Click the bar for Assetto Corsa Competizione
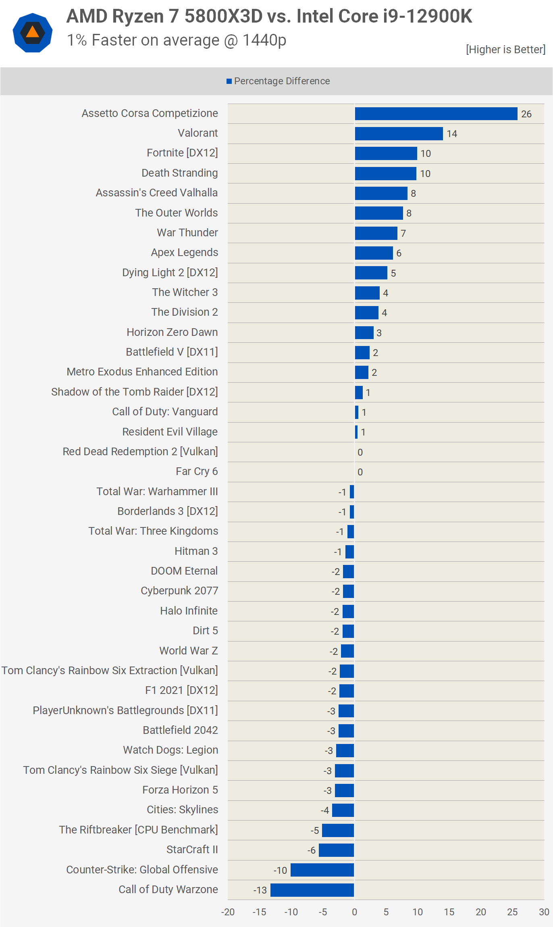pyautogui.click(x=436, y=114)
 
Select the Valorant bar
pyautogui.click(x=399, y=133)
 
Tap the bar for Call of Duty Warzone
pyautogui.click(x=312, y=890)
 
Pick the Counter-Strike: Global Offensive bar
pyautogui.click(x=322, y=870)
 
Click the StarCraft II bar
pyautogui.click(x=336, y=850)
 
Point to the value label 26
pyautogui.click(x=526, y=114)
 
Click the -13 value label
pyautogui.click(x=260, y=890)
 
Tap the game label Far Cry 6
pyautogui.click(x=197, y=471)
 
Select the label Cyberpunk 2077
pyautogui.click(x=179, y=591)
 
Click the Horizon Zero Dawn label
pyautogui.click(x=172, y=332)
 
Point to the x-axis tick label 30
pyautogui.click(x=544, y=912)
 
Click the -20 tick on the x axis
pyautogui.click(x=228, y=912)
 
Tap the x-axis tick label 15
pyautogui.click(x=449, y=912)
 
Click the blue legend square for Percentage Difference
pyautogui.click(x=229, y=81)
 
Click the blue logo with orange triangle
pyautogui.click(x=33, y=33)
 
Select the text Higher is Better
pyautogui.click(x=505, y=50)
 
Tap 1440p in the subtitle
pyautogui.click(x=264, y=40)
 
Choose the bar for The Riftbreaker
pyautogui.click(x=338, y=830)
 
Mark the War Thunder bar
pyautogui.click(x=376, y=233)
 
